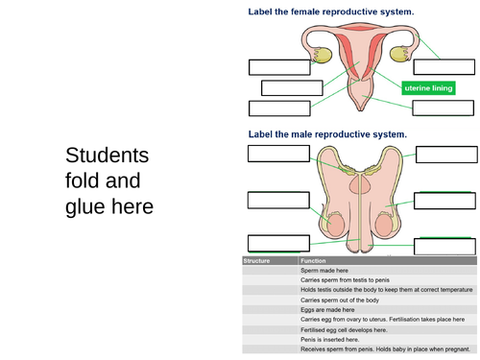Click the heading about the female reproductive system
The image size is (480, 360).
point(331,12)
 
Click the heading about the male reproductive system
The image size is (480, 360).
point(327,134)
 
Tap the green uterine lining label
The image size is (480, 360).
point(427,87)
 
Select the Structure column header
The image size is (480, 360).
point(257,260)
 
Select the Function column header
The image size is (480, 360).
point(314,260)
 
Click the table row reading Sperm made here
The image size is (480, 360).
point(326,271)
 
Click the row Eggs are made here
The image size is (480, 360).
point(327,310)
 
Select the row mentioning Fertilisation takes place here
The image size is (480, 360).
point(384,320)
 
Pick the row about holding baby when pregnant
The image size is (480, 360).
point(384,348)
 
